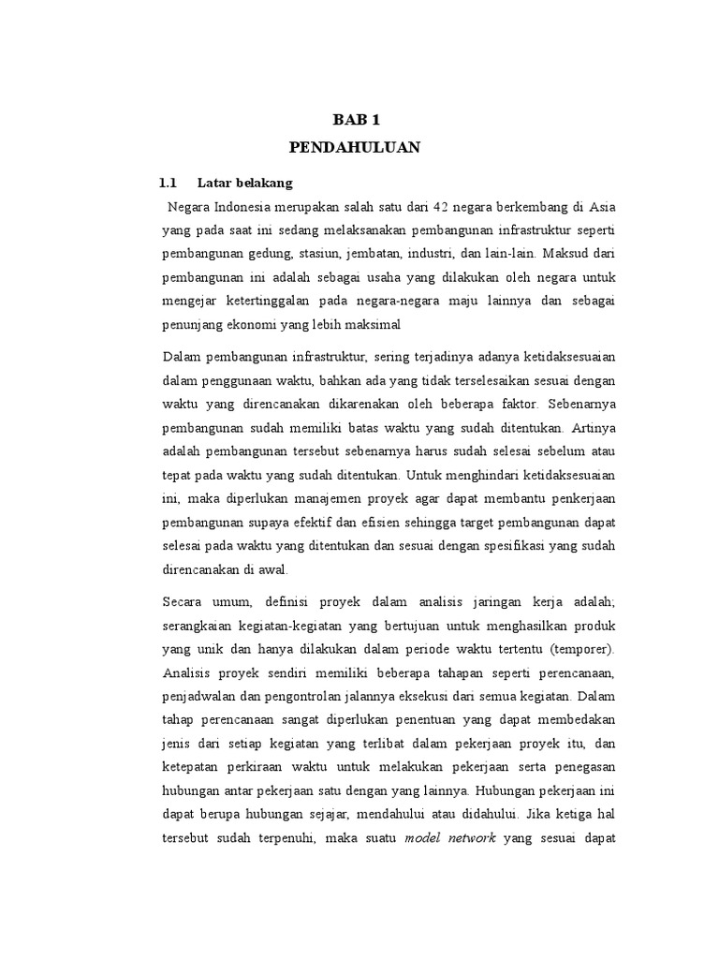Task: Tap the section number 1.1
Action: [x=168, y=182]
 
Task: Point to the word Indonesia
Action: [x=245, y=206]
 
